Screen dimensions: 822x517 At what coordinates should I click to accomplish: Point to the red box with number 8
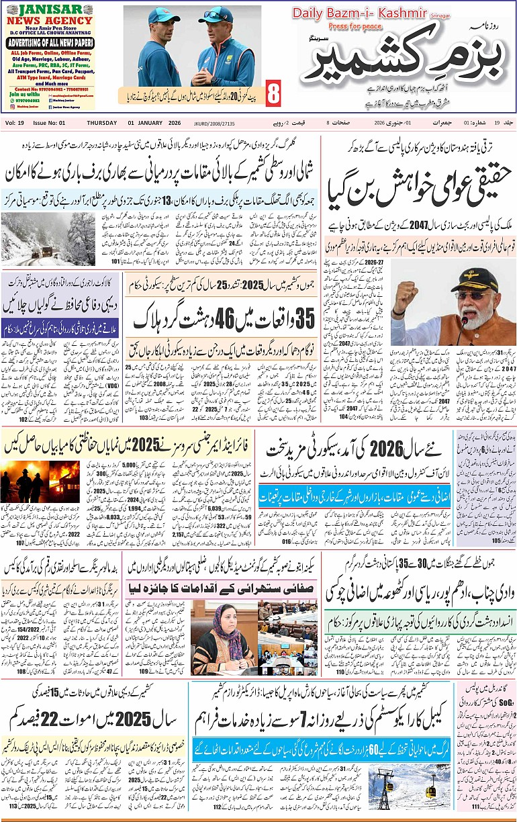click(x=274, y=94)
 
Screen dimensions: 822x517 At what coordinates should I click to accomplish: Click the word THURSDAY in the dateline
click(x=104, y=123)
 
